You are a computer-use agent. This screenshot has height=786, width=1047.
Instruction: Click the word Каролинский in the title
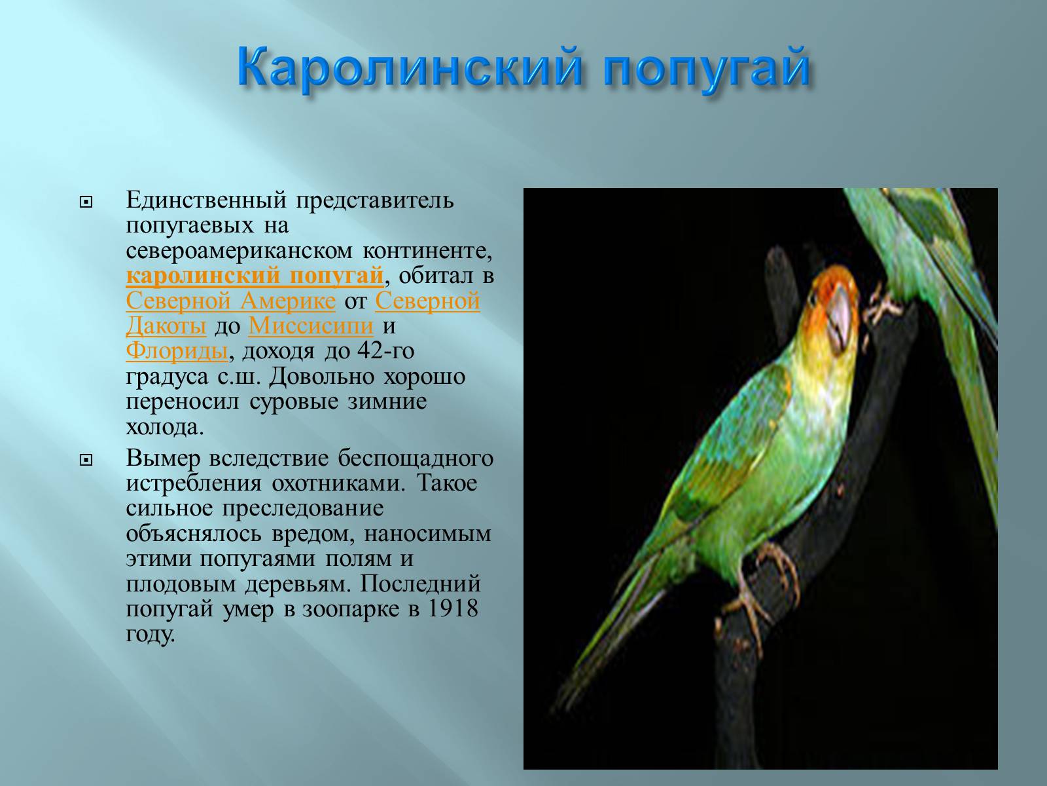tap(409, 67)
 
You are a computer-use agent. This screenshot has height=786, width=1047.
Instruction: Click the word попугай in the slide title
tap(707, 69)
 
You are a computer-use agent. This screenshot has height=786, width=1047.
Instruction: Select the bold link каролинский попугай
tap(255, 276)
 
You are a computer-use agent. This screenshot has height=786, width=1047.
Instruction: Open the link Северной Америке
tap(231, 301)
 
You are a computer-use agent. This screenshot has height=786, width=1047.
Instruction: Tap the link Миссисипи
tap(311, 326)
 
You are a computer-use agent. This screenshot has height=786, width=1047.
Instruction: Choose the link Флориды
tap(177, 351)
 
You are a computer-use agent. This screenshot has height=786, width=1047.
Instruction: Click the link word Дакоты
tap(166, 326)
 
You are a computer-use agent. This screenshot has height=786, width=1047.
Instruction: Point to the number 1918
tap(453, 608)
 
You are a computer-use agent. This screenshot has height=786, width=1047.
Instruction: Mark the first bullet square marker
tap(86, 203)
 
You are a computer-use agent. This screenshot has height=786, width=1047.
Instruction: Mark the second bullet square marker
tap(86, 460)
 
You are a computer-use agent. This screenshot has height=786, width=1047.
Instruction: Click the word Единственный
tap(206, 200)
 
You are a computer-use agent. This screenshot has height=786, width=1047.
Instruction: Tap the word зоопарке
tap(351, 609)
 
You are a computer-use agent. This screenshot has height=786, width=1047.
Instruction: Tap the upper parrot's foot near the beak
tap(881, 305)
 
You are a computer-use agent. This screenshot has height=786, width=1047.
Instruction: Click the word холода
tap(164, 427)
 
